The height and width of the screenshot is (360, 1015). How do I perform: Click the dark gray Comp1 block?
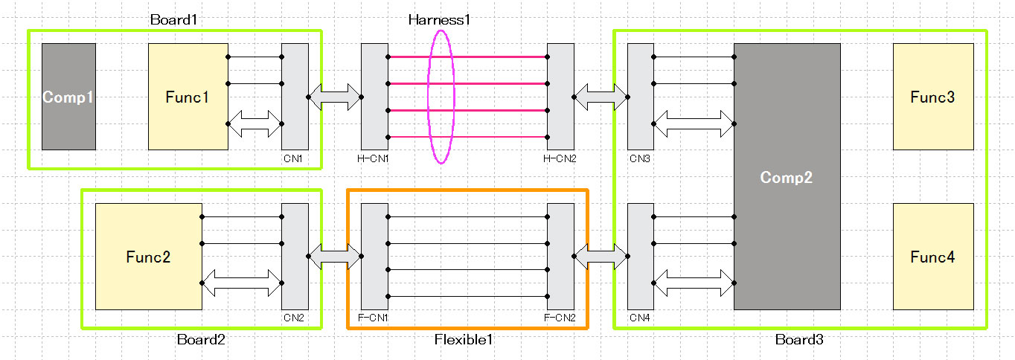pos(68,97)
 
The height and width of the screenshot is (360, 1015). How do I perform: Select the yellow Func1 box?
pos(188,97)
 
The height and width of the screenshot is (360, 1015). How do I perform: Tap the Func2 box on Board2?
pos(148,257)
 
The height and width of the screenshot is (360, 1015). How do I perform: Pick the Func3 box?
pos(932,97)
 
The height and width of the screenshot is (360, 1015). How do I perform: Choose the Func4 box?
pos(932,257)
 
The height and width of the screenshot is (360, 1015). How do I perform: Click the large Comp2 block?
pos(787,177)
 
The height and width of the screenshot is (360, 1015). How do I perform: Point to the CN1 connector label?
pos(293,158)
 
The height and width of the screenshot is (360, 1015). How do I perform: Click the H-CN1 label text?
pos(374,158)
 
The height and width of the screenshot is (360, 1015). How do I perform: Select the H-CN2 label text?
pos(560,158)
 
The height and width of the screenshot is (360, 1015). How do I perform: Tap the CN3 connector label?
pos(638,158)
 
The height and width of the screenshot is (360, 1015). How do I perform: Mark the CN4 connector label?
pos(638,318)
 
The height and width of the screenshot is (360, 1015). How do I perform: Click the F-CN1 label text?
pos(374,318)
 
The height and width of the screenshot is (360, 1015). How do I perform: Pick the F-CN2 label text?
pos(560,318)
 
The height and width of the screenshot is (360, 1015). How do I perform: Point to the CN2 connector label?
pos(293,318)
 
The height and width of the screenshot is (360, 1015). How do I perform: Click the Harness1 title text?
pos(439,20)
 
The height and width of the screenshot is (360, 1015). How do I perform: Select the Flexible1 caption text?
pos(464,340)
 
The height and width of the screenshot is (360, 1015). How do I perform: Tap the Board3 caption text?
pos(799,340)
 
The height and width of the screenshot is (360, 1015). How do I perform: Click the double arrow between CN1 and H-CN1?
pos(334,97)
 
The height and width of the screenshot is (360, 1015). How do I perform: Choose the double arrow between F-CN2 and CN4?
pos(601,257)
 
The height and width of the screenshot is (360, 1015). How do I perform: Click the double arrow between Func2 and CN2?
pos(242,283)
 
